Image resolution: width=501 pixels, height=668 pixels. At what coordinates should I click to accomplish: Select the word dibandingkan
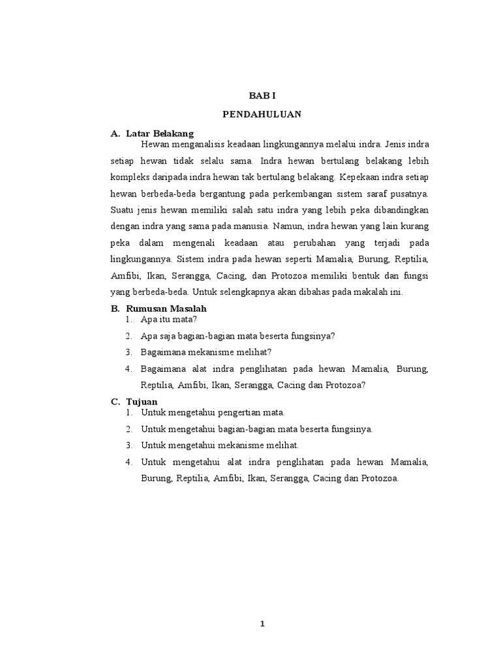[x=399, y=210]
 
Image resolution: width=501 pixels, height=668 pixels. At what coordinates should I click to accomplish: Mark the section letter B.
[x=114, y=308]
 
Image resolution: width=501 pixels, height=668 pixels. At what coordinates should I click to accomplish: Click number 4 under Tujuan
[x=129, y=463]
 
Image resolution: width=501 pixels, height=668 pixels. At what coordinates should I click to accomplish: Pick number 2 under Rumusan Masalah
[x=129, y=336]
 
